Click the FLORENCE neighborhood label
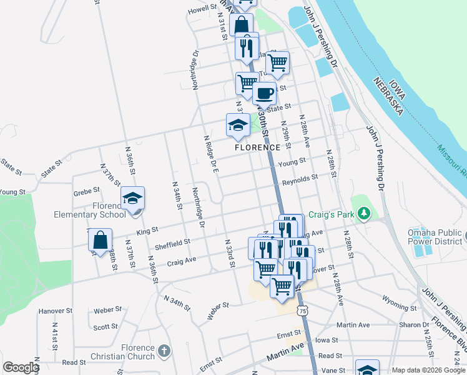pos(257,147)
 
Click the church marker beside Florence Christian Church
pos(164,351)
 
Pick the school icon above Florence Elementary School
pos(132,198)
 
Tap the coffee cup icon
pos(264,94)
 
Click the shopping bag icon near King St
pos(100,240)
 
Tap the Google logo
pos(21,367)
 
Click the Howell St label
pos(201,10)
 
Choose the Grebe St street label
pos(86,190)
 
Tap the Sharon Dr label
pos(414,325)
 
